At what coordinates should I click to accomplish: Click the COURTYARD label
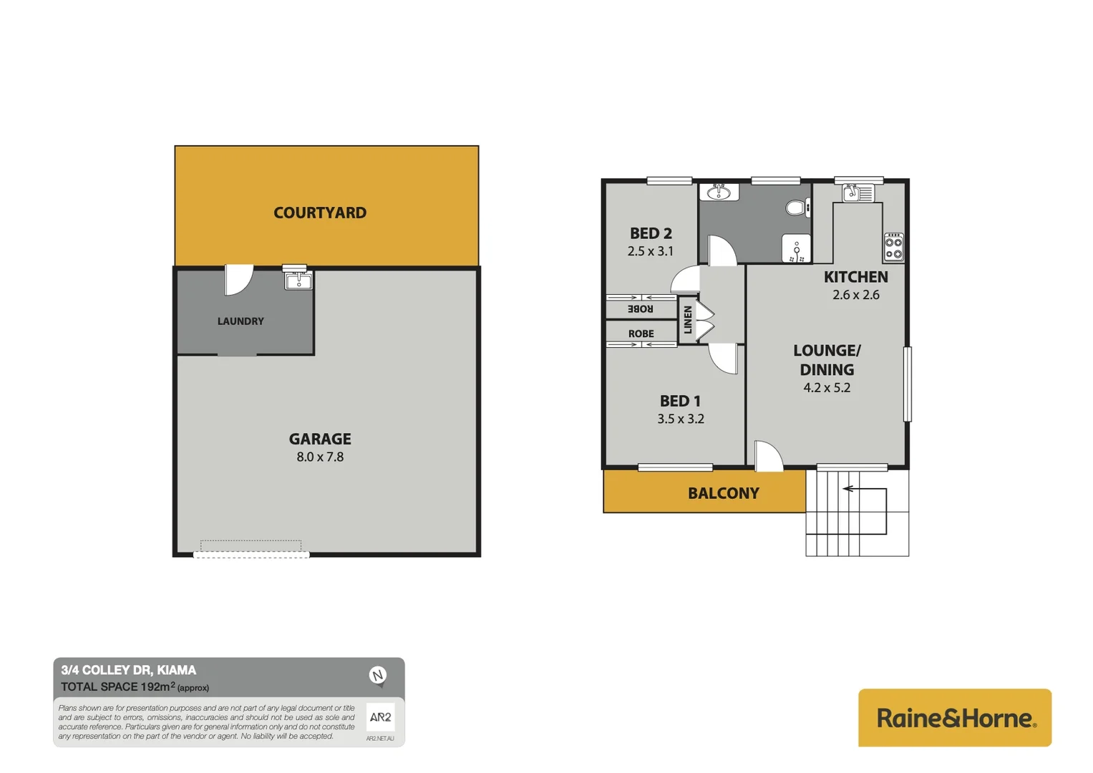pos(320,213)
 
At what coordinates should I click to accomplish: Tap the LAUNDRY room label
pos(241,321)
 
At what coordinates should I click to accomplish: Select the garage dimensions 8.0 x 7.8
pos(320,457)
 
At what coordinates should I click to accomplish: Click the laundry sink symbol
pos(298,280)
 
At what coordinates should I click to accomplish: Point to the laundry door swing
pos(238,279)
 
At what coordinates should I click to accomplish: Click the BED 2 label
pos(651,233)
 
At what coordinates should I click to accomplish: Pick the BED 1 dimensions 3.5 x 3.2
pos(681,419)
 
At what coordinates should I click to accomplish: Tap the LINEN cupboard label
pos(688,320)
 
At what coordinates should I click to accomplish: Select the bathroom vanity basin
pos(719,192)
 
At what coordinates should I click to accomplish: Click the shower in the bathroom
pos(796,248)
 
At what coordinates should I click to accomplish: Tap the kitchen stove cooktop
pos(893,246)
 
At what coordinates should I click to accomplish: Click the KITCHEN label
pos(855,277)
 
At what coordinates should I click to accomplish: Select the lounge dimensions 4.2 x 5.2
pos(827,388)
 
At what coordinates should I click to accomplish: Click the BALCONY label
pos(723,493)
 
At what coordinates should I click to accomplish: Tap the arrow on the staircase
pos(849,489)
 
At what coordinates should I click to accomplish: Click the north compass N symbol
pos(377,675)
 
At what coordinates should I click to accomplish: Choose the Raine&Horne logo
pos(955,718)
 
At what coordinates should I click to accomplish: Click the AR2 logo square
pos(380,716)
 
